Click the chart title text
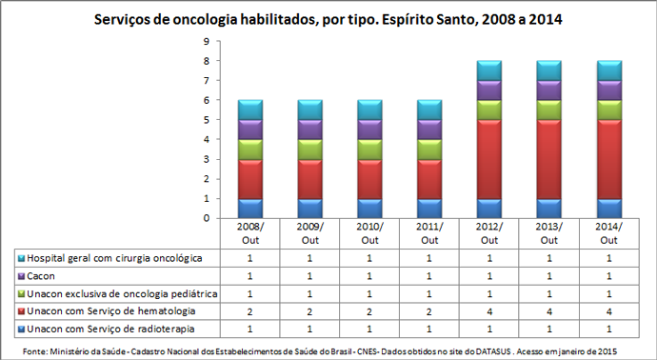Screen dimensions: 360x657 pos(329,19)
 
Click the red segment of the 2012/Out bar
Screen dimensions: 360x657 pos(489,159)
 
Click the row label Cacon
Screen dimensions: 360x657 pos(42,276)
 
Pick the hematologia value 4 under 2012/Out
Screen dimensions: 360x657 pos(489,311)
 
